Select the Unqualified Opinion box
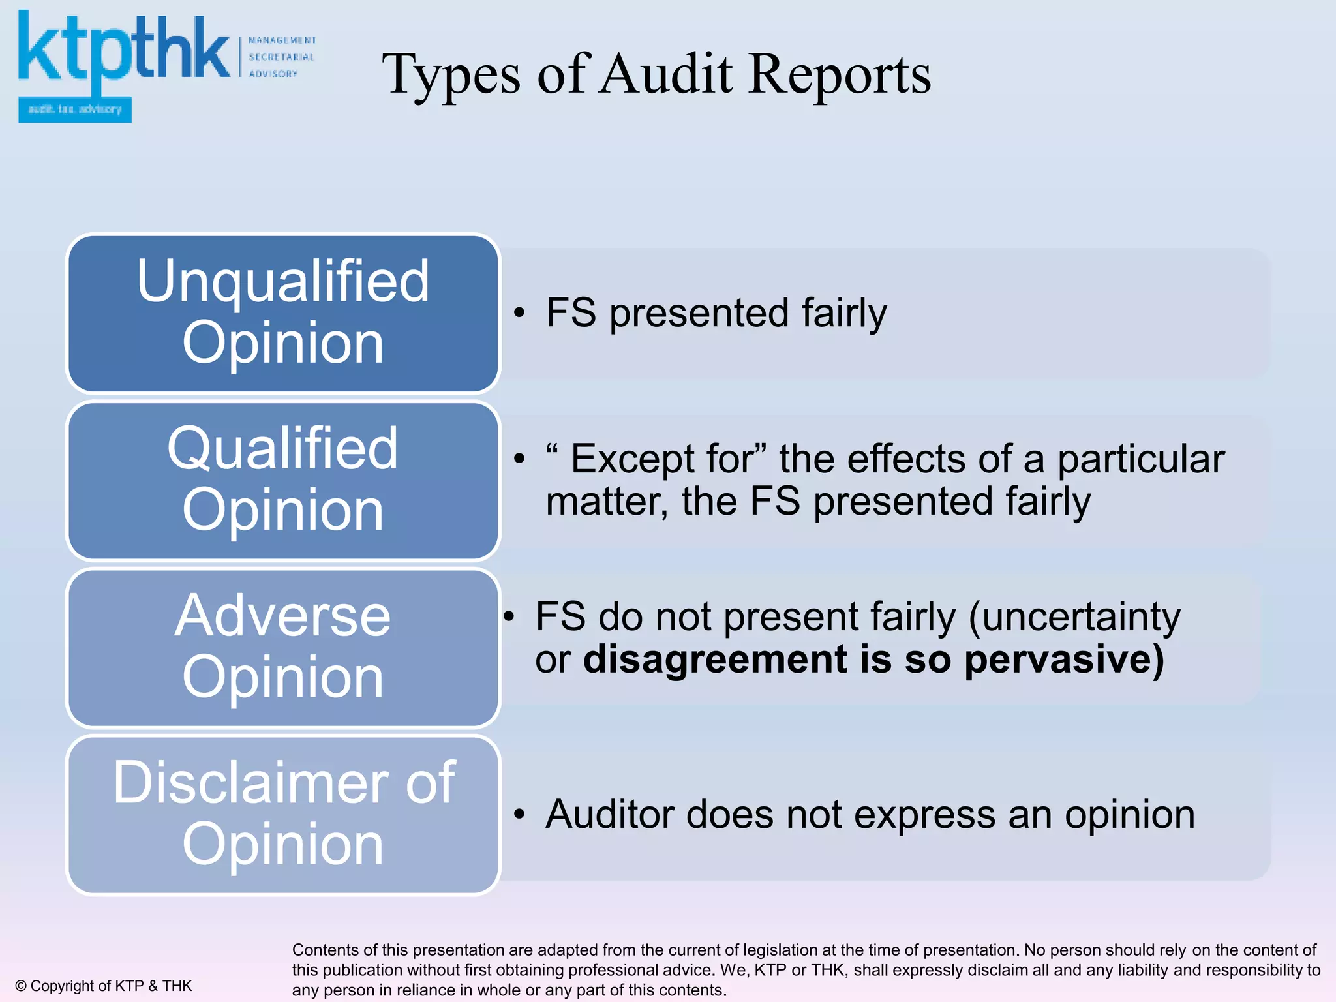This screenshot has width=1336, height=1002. tap(283, 313)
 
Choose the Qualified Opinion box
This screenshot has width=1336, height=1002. tap(283, 481)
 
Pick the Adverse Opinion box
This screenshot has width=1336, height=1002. tap(283, 648)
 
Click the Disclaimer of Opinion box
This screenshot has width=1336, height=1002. tap(283, 815)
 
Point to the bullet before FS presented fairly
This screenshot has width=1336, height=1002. tap(519, 313)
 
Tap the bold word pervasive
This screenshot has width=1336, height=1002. tap(1064, 660)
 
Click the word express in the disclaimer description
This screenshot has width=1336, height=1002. tap(924, 815)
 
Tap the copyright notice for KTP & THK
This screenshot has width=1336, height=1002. tap(104, 986)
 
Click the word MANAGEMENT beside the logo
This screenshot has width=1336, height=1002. tap(282, 40)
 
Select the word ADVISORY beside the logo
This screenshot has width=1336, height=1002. tap(273, 74)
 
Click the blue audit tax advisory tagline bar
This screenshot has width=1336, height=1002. tap(75, 110)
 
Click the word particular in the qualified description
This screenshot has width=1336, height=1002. tap(1140, 459)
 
